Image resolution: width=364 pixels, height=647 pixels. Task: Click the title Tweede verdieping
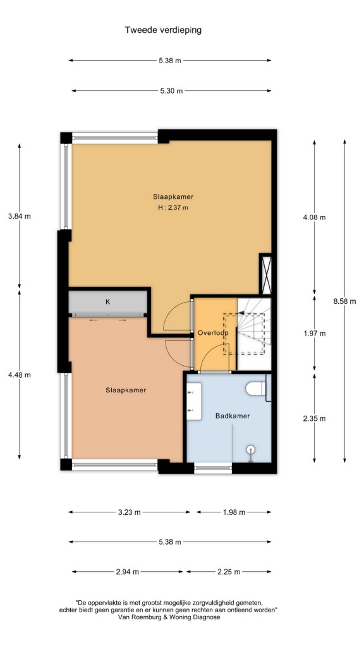point(164,30)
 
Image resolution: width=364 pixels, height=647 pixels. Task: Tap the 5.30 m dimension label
point(171,91)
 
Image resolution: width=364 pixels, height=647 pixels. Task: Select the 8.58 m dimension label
point(344,301)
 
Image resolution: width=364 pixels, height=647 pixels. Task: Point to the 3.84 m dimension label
point(20,216)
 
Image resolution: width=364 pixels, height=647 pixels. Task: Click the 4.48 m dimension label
point(20,375)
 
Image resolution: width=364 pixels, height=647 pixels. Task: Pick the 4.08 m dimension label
point(314,217)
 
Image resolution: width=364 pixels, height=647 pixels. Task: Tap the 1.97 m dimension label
point(314,334)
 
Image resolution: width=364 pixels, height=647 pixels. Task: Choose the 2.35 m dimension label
point(314,418)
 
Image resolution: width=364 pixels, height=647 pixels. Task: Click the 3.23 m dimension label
point(129,512)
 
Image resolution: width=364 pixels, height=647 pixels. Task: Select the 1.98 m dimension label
point(234,512)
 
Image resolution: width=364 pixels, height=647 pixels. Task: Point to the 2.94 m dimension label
point(127,572)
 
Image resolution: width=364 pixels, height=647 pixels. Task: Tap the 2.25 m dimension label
point(229,572)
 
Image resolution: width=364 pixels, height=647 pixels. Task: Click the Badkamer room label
point(233,416)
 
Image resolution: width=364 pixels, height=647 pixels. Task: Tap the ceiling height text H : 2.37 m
point(173,207)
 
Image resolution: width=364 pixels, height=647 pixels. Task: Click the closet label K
point(107,301)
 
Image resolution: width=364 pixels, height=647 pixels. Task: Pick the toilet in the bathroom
point(256,389)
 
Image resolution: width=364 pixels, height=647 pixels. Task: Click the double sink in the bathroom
point(194,401)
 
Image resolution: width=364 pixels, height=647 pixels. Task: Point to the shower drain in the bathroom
point(250,449)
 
